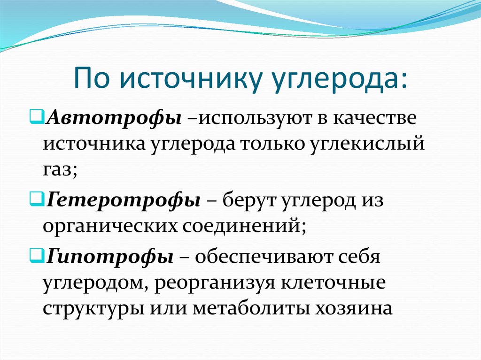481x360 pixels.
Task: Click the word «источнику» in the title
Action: point(188,77)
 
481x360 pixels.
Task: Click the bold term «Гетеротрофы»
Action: point(124,200)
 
